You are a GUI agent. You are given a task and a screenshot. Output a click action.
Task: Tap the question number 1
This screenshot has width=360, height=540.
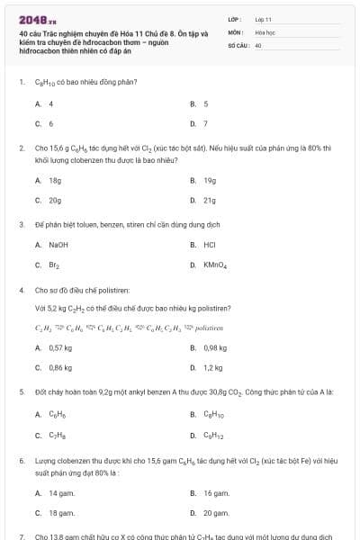pyautogui.click(x=21, y=82)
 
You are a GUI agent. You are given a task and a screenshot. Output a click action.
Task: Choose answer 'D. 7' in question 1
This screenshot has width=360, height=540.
pyautogui.click(x=205, y=123)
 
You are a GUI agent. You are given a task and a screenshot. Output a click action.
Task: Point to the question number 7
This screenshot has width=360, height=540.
pyautogui.click(x=21, y=536)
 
